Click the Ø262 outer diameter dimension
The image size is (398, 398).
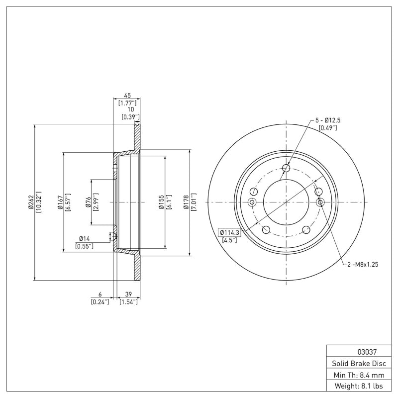click(x=31, y=202)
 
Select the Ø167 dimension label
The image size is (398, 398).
click(x=60, y=202)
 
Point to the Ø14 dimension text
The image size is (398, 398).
click(x=84, y=238)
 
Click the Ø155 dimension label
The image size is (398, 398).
click(x=161, y=202)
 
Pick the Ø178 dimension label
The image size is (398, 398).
click(x=186, y=202)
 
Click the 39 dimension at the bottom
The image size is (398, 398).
click(x=128, y=294)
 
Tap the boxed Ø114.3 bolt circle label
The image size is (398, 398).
click(x=229, y=232)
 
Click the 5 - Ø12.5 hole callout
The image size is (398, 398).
click(x=327, y=120)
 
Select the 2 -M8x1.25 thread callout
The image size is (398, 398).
click(x=363, y=265)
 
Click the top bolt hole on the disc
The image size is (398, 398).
click(x=286, y=168)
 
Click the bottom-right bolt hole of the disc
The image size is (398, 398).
click(x=306, y=229)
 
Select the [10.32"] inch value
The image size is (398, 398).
click(x=38, y=202)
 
